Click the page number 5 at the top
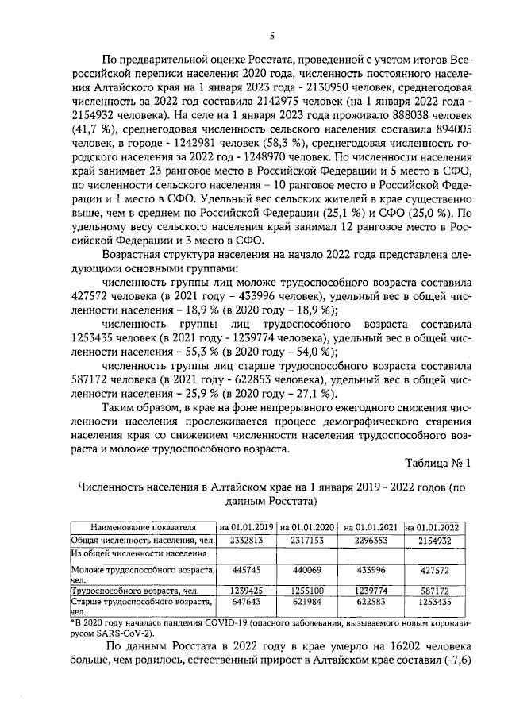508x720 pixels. [271, 35]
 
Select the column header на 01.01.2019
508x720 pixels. [246, 526]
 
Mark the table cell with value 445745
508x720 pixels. [246, 570]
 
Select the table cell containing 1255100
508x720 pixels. [309, 591]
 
